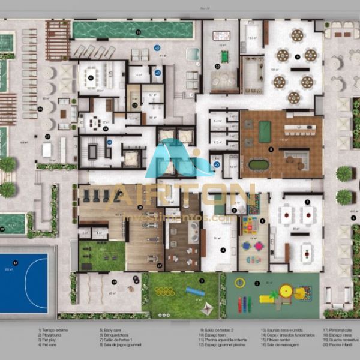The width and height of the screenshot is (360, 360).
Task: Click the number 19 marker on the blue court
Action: point(16,263)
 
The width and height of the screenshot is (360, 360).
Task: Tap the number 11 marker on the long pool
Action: point(138,32)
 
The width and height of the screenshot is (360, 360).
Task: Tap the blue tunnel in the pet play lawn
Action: point(195,292)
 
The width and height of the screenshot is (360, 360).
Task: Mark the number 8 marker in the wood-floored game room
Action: point(271,149)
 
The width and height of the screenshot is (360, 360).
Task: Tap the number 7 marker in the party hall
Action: point(307,202)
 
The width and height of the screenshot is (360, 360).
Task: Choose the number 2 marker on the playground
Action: point(257,283)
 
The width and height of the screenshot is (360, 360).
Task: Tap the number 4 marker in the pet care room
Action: point(223,250)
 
